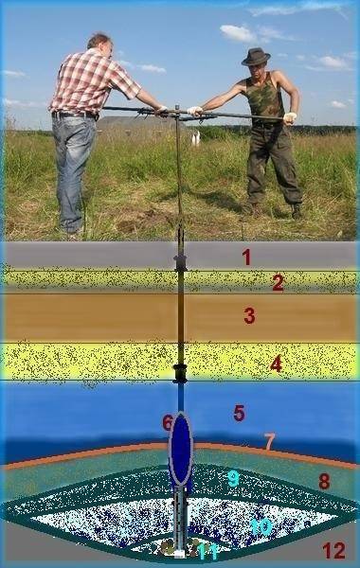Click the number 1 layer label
click(x=246, y=257)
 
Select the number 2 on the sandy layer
click(x=279, y=282)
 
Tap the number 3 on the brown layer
click(x=249, y=315)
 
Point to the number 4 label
click(x=277, y=364)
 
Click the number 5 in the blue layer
click(x=240, y=413)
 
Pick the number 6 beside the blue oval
click(x=168, y=423)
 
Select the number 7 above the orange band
click(x=269, y=441)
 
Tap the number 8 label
click(x=324, y=482)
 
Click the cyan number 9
click(x=233, y=478)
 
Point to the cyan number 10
click(x=261, y=526)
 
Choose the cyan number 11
click(x=208, y=552)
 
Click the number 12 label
click(x=333, y=551)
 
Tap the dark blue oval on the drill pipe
click(x=181, y=449)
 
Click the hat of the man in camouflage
click(x=256, y=57)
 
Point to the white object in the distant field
click(x=196, y=138)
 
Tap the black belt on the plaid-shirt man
click(x=76, y=115)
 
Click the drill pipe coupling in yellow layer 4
click(x=179, y=367)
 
